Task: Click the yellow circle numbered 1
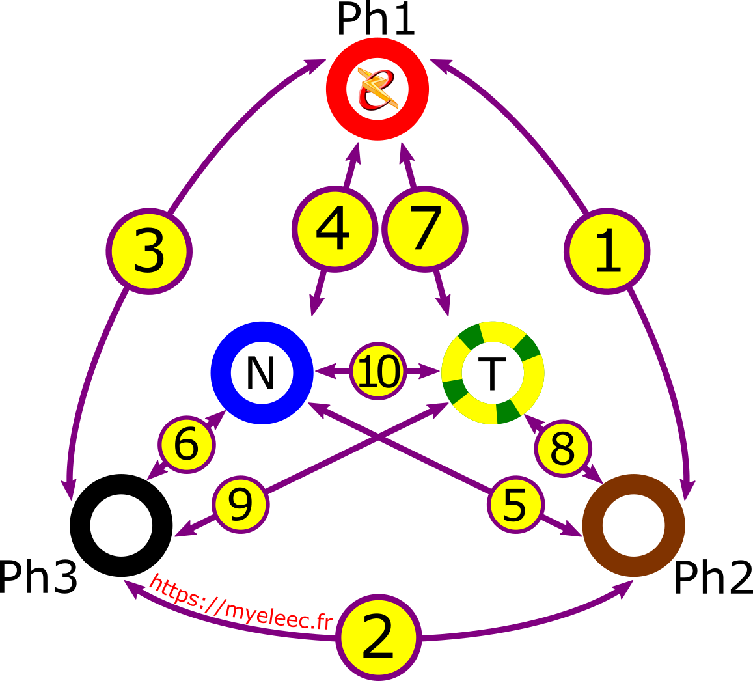tap(607, 251)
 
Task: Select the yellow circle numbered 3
tap(149, 251)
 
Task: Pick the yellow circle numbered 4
tap(335, 229)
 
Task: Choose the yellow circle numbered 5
tap(515, 505)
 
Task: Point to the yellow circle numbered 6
tap(186, 445)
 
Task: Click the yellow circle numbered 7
tap(425, 229)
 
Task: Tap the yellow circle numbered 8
tap(563, 449)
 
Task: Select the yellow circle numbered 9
tap(241, 505)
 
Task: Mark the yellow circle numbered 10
tap(378, 371)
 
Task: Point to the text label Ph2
tap(713, 577)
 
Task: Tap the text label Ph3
tap(38, 577)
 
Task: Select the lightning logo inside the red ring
tap(377, 89)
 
